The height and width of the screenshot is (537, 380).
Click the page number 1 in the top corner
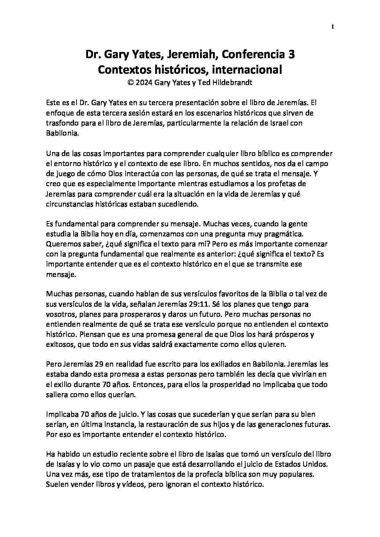[x=333, y=26]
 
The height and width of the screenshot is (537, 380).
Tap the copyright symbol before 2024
[x=130, y=83]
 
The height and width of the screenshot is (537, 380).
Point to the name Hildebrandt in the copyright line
[x=235, y=83]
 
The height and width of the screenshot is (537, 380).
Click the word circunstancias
[x=69, y=205]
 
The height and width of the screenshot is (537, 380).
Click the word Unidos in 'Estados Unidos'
[x=317, y=464]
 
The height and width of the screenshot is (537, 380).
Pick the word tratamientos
[x=135, y=474]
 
